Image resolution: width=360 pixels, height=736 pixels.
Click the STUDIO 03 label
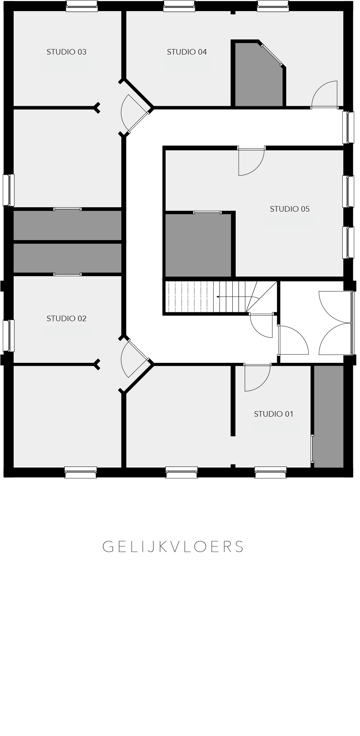[x=66, y=52]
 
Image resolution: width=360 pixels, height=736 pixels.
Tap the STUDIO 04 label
[x=187, y=52]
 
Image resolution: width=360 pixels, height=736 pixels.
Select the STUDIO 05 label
[x=290, y=209]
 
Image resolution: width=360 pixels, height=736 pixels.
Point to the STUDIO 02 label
[x=66, y=319]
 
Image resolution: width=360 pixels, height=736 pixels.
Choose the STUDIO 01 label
[x=274, y=414]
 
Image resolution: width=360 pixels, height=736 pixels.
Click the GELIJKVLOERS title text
[x=173, y=547]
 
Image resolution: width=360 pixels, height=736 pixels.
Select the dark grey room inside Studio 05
[x=198, y=245]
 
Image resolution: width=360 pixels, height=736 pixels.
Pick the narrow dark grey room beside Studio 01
[x=329, y=416]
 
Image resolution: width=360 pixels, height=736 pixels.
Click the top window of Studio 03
[x=82, y=6]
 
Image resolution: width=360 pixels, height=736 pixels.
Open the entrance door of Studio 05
[x=252, y=162]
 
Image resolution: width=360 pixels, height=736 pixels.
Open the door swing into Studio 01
[x=257, y=378]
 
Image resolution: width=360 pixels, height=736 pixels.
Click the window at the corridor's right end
[x=348, y=127]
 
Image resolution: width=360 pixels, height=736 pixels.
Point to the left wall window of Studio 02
[x=8, y=336]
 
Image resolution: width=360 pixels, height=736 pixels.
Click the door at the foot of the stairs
[x=262, y=326]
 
